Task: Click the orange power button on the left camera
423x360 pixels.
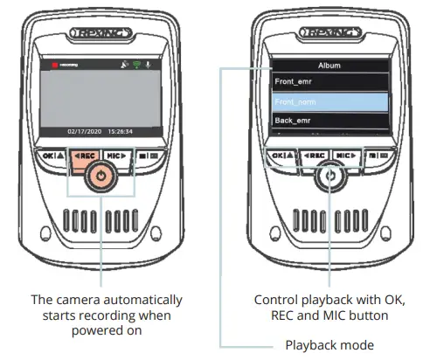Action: coord(102,175)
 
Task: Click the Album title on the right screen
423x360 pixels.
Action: coord(328,64)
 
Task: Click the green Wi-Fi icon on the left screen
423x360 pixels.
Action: coord(135,65)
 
